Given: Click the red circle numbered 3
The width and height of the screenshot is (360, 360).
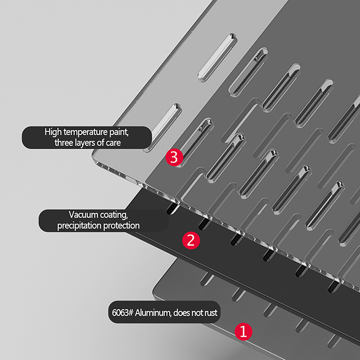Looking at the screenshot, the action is click(174, 157).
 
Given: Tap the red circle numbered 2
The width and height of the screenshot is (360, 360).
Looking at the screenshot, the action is click(191, 240).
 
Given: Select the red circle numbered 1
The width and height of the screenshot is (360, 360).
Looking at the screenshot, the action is click(243, 332).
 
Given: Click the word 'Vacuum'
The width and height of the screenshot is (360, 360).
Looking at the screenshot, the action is click(84, 215).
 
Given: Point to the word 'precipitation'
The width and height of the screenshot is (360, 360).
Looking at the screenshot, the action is click(79, 226).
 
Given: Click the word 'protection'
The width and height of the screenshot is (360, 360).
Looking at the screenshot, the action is click(121, 226).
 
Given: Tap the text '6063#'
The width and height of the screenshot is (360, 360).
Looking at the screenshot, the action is click(122, 313).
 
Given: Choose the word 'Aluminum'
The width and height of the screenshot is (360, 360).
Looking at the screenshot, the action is click(153, 313).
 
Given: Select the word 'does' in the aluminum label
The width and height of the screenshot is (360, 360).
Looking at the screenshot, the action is click(181, 313).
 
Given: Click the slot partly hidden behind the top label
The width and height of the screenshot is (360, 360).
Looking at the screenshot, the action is click(162, 127).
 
